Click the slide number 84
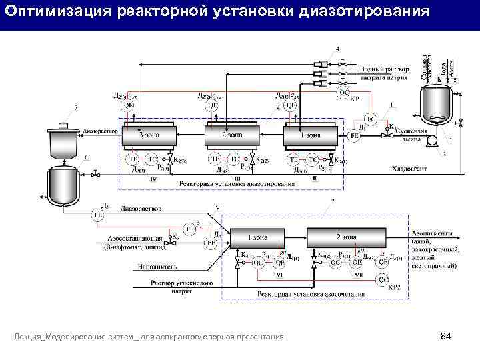coord(447,336)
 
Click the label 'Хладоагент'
coord(409,168)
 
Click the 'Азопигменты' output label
coord(434,234)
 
